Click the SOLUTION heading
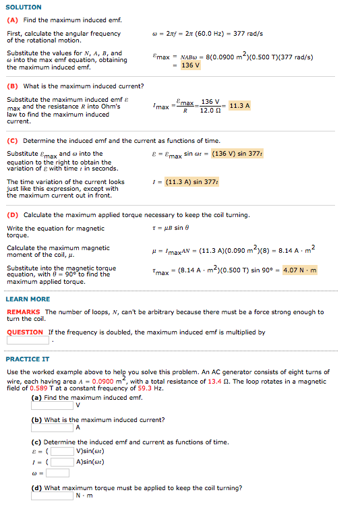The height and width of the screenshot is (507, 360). pyautogui.click(x=24, y=7)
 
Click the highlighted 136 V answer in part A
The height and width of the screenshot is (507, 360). pyautogui.click(x=190, y=65)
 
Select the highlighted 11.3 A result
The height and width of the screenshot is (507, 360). pyautogui.click(x=239, y=106)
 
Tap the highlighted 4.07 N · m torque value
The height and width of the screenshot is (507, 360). pyautogui.click(x=300, y=270)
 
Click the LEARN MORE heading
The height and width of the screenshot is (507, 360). pyautogui.click(x=28, y=299)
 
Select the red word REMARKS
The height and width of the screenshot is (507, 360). pyautogui.click(x=24, y=312)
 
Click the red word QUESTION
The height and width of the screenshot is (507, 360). pyautogui.click(x=25, y=332)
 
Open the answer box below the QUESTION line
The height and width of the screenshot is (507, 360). pyautogui.click(x=28, y=340)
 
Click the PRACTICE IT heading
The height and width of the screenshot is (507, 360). pyautogui.click(x=28, y=359)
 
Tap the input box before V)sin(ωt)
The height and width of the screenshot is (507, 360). pyautogui.click(x=63, y=451)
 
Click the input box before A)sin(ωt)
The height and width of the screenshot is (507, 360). pyautogui.click(x=63, y=462)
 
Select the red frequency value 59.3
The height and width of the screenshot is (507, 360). pyautogui.click(x=145, y=388)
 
